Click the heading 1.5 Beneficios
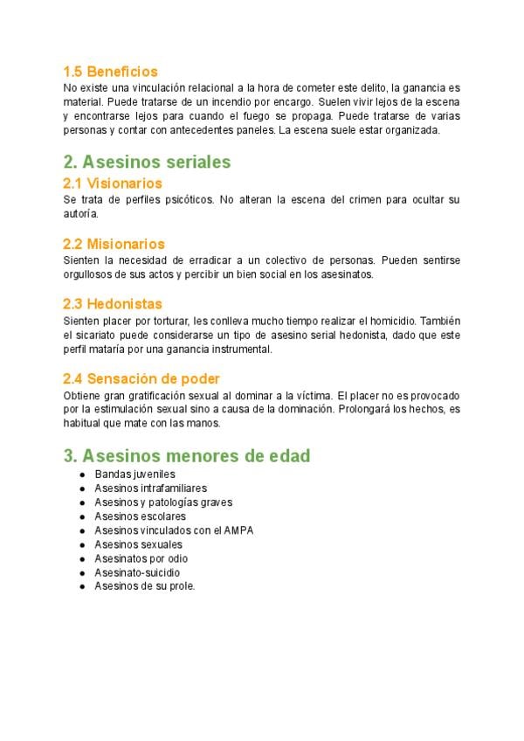110,72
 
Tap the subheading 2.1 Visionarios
113,184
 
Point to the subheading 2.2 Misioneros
114,244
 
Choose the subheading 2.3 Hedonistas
113,304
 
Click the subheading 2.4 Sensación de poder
141,378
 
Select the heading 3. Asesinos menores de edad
187,456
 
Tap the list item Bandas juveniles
134,474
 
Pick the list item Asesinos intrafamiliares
150,488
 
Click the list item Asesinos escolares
140,516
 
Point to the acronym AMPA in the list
239,530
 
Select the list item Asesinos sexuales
138,544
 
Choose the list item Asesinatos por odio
141,558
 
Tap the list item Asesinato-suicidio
137,572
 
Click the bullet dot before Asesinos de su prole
81,586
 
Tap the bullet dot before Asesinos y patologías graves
81,502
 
